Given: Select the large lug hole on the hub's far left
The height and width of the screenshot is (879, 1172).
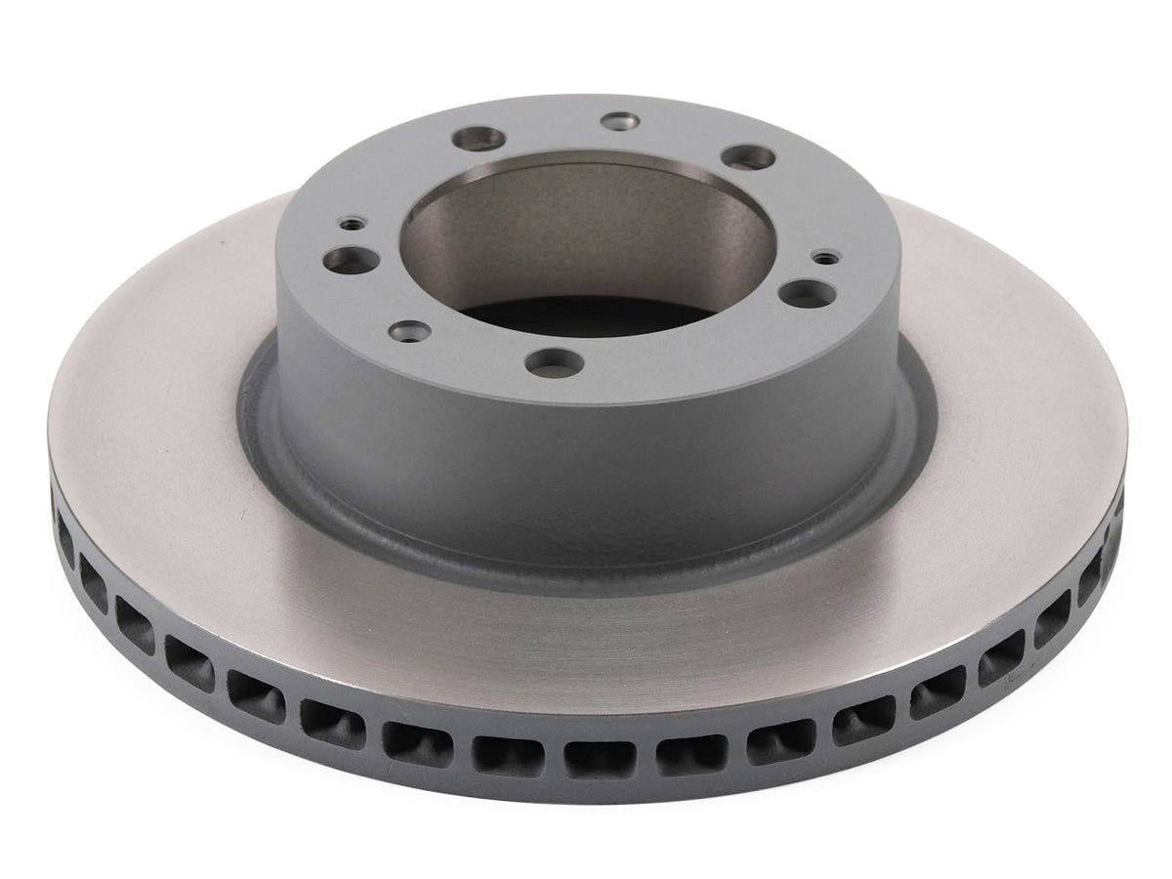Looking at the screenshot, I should pyautogui.click(x=342, y=260).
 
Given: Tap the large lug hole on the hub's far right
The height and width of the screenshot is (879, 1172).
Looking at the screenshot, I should pyautogui.click(x=805, y=291).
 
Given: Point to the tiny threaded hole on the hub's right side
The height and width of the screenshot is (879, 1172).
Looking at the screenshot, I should pyautogui.click(x=826, y=258).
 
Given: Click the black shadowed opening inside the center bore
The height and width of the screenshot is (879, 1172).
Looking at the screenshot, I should pyautogui.click(x=576, y=313).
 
